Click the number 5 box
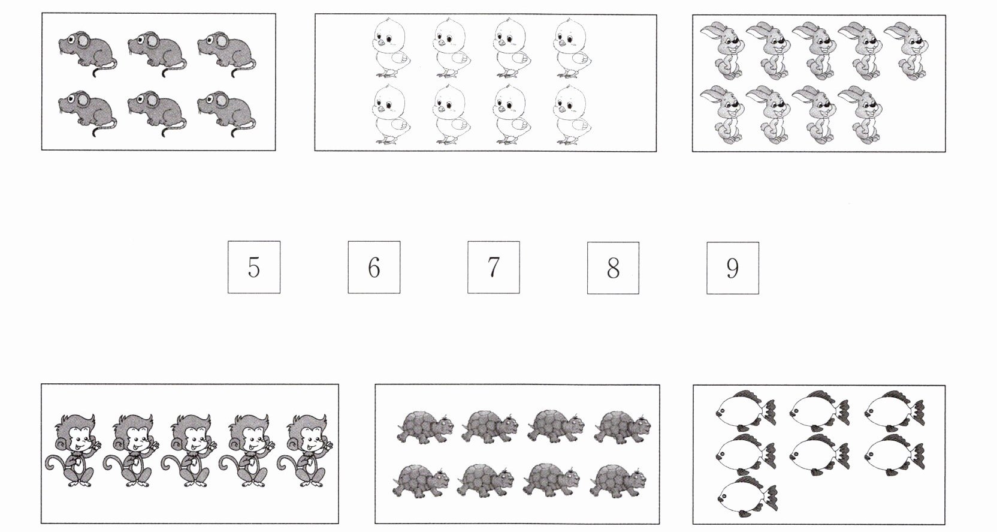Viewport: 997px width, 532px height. (x=253, y=267)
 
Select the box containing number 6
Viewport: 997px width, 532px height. (x=374, y=267)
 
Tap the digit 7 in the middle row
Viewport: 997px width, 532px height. (x=493, y=267)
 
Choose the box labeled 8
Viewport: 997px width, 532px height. (x=613, y=267)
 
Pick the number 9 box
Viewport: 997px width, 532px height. (x=733, y=267)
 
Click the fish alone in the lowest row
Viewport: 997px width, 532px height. (x=747, y=497)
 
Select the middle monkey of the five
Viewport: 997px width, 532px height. (x=189, y=450)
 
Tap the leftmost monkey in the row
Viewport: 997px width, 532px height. (x=74, y=450)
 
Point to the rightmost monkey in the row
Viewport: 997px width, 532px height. (x=306, y=450)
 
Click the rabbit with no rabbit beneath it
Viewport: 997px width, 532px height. (x=906, y=50)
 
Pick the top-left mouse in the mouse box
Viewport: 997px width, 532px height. (x=87, y=53)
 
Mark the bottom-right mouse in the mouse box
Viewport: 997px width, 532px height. (x=227, y=113)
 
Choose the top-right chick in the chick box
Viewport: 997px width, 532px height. (x=573, y=48)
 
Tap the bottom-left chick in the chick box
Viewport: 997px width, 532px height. (x=391, y=115)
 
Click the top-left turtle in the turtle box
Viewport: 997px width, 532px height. (x=425, y=427)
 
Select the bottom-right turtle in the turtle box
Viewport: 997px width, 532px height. (x=619, y=480)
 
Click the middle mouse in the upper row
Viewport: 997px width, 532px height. (x=158, y=53)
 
